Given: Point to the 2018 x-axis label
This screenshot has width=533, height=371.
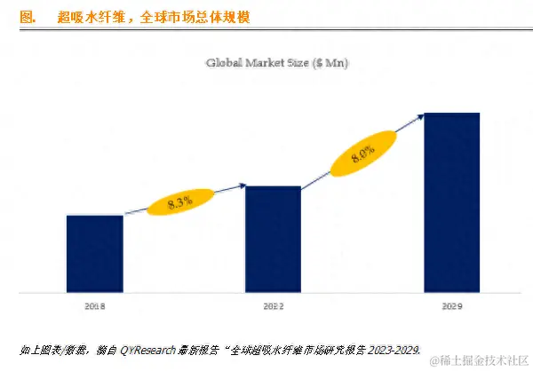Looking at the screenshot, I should tap(95, 305).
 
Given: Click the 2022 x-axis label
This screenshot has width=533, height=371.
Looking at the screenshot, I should tap(273, 305).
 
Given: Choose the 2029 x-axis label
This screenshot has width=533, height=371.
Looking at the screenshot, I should tap(451, 305).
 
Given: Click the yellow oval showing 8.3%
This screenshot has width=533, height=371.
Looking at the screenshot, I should tap(180, 202).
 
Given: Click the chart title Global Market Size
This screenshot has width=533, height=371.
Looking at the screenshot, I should tap(277, 62).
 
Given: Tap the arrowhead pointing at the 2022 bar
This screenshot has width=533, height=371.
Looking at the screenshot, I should tap(242, 185).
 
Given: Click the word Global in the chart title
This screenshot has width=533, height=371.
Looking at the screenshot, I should tap(224, 62).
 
